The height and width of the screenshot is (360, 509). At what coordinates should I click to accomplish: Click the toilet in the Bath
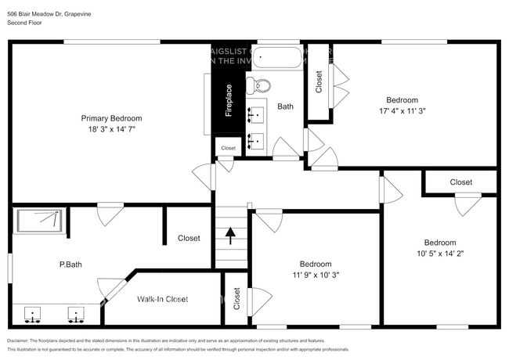point(258,85)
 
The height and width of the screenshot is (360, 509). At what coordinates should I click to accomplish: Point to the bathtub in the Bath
point(278,58)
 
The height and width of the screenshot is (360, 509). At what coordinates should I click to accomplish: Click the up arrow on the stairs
point(230,234)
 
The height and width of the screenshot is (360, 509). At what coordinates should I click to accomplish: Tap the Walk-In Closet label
point(163,299)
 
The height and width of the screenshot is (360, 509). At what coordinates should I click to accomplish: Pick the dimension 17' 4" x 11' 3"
point(402,110)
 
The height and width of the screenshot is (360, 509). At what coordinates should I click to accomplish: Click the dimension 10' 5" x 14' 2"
point(439,253)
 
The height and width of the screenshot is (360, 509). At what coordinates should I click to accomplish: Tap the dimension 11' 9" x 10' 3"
point(315,275)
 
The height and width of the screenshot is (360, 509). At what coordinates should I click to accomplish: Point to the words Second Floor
point(25,23)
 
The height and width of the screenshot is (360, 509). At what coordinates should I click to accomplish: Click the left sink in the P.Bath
point(33,313)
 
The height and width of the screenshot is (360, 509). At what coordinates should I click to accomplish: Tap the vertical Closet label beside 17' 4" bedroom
point(318,82)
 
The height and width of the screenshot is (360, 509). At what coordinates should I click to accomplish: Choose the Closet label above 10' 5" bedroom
point(460,182)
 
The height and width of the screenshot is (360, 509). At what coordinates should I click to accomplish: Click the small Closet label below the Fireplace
point(228,148)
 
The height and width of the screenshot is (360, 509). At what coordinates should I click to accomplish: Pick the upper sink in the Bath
point(255,116)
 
